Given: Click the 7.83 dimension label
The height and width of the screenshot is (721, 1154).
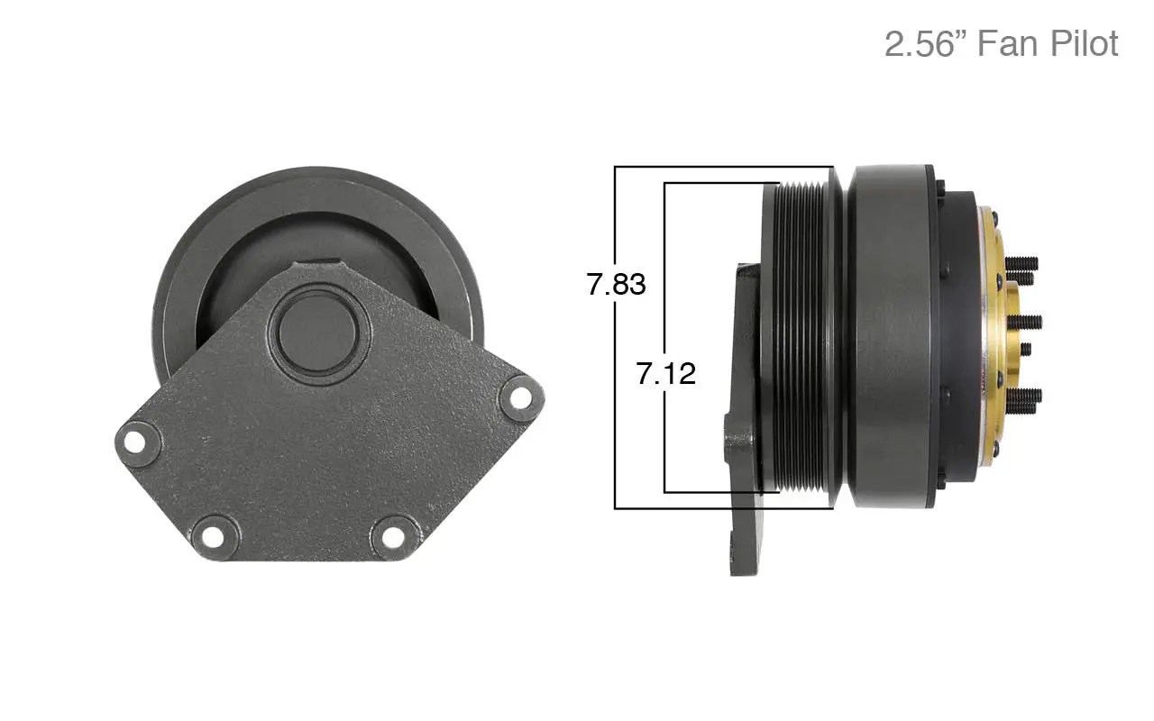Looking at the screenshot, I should [x=617, y=285].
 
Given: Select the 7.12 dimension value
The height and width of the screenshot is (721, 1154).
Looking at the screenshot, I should [x=666, y=373].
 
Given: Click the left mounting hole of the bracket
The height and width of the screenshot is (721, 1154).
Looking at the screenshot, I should [x=135, y=442].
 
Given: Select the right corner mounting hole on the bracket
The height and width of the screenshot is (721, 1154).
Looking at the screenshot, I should [x=520, y=395].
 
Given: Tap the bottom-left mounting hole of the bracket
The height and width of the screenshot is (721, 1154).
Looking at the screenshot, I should [x=212, y=535].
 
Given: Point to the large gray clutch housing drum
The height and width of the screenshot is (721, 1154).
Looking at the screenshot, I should [x=893, y=338].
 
